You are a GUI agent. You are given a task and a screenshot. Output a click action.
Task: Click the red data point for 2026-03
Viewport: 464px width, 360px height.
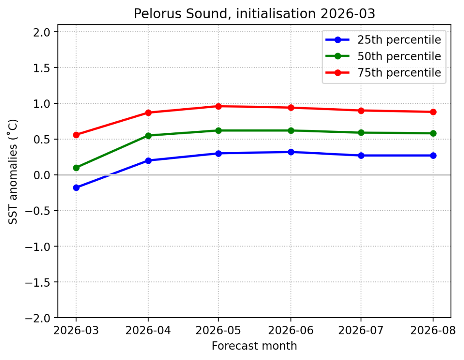(76, 135)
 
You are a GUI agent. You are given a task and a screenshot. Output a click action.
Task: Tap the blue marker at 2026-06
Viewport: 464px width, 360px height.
(290, 152)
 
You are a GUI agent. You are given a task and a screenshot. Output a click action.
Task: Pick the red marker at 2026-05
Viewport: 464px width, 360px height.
(219, 106)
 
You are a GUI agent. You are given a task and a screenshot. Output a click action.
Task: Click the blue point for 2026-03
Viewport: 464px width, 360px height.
(76, 188)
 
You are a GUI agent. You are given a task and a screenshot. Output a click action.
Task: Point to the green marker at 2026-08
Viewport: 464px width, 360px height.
(433, 133)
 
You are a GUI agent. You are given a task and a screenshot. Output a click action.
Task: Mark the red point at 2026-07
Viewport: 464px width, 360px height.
(361, 110)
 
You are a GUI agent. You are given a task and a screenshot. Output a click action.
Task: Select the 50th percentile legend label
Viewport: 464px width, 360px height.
(399, 56)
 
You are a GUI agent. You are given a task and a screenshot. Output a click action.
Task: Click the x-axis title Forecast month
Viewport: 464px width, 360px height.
(254, 346)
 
